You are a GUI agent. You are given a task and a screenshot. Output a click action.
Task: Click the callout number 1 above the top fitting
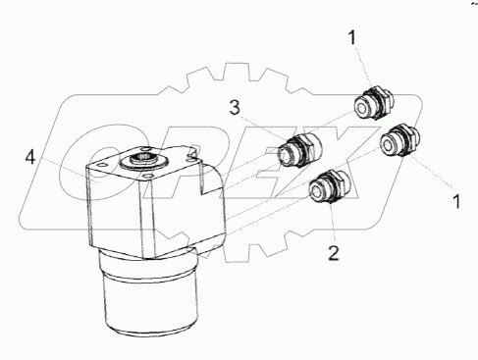click(x=352, y=37)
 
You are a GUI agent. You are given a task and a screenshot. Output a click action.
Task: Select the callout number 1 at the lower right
click(x=456, y=201)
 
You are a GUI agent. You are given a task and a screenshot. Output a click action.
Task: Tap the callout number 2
click(x=334, y=253)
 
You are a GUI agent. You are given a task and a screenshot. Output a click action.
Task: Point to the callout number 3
click(x=235, y=108)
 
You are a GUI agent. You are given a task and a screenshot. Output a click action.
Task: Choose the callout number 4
click(x=30, y=158)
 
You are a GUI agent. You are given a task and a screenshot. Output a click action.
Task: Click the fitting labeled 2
click(x=331, y=186)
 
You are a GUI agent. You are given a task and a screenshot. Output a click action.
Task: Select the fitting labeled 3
click(x=300, y=150)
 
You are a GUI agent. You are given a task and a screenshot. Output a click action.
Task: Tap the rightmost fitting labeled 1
click(x=400, y=139)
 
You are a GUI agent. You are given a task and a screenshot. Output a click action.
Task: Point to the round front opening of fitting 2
click(x=316, y=190)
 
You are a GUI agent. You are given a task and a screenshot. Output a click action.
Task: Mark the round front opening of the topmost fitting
click(x=361, y=107)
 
